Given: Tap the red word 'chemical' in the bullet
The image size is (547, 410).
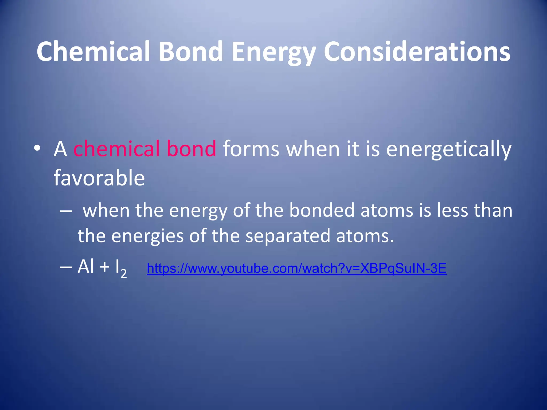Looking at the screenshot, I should (116, 149).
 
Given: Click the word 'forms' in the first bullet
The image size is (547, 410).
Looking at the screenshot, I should (251, 149).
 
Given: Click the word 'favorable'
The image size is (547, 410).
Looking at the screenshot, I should (99, 178).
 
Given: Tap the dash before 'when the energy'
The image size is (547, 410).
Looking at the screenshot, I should (66, 211).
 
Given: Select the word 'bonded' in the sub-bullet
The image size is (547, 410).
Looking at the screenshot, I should (322, 210).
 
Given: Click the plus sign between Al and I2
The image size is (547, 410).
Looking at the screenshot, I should (105, 267).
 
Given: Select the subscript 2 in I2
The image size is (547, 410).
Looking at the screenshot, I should (123, 273).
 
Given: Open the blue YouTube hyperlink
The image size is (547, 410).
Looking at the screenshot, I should (296, 268).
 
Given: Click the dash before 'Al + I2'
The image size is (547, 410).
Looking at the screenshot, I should (66, 267).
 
